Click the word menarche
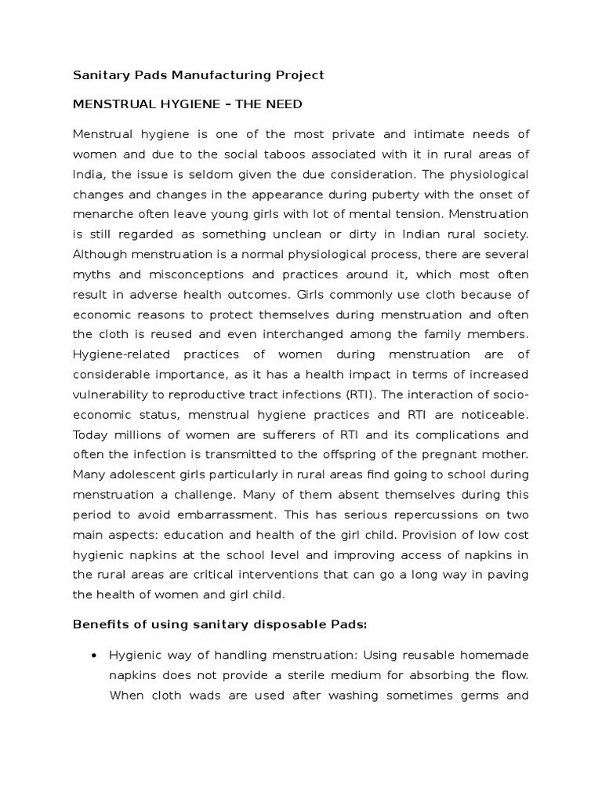[x=104, y=214]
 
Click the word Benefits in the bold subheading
[x=100, y=624]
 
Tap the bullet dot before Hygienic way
[x=94, y=655]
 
